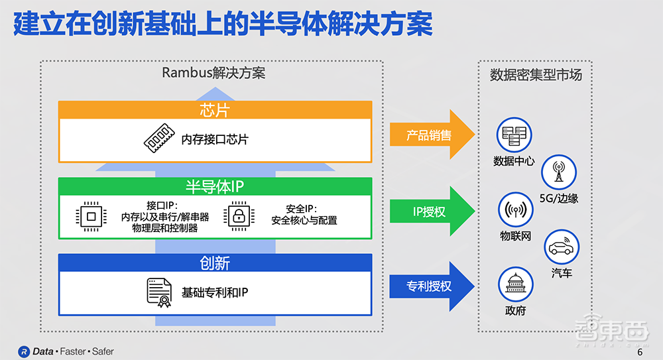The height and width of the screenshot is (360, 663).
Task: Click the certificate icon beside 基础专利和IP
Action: pos(159,292)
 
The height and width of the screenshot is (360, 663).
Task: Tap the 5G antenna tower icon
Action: pos(558,172)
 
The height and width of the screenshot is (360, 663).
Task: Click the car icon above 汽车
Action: pos(561,247)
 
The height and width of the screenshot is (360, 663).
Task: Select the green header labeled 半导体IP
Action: pos(215,186)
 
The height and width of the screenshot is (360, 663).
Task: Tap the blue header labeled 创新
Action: pos(215,263)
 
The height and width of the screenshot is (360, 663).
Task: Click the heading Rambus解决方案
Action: pos(213,73)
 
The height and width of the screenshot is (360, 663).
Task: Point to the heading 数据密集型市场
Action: pos(536,74)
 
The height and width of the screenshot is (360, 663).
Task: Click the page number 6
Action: pos(640,353)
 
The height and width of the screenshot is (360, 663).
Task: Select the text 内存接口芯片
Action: pos(215,140)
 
